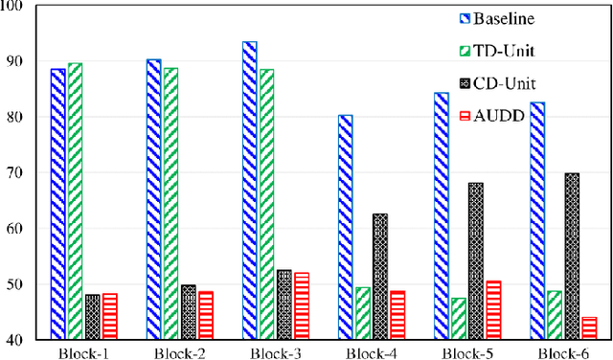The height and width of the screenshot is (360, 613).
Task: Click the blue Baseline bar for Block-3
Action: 250,191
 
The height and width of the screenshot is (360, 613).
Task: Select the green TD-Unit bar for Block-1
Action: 75,201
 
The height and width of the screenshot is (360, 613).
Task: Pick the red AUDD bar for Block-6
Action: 588,328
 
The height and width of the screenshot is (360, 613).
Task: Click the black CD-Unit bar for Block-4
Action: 380,277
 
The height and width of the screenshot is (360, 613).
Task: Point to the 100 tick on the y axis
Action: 16,7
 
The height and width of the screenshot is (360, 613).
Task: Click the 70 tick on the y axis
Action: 20,173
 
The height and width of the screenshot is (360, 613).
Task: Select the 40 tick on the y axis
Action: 20,340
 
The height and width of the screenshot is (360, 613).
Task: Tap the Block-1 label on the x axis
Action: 84,351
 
